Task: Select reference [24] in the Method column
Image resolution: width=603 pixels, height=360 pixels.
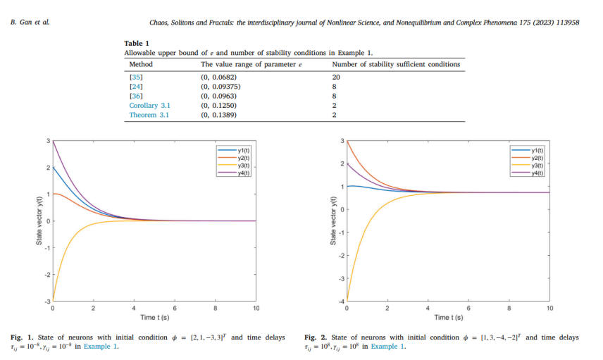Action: [136, 85]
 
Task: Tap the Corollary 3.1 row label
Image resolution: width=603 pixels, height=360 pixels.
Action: [149, 105]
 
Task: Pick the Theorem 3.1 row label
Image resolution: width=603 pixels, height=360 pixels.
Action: [149, 115]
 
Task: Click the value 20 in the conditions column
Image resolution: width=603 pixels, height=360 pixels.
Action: [336, 75]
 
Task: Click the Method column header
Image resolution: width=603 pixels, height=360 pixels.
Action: [141, 64]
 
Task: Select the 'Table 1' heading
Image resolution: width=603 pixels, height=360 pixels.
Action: [137, 44]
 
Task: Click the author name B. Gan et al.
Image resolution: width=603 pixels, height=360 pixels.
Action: [30, 23]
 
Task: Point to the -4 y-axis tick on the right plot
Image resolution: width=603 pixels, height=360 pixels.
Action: [342, 302]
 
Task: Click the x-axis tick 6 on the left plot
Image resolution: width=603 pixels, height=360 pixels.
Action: [175, 309]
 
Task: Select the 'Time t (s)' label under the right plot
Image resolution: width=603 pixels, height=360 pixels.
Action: [448, 318]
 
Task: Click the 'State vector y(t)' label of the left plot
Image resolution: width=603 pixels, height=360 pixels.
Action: [39, 221]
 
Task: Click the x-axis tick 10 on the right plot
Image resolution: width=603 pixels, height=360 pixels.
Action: [549, 309]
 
